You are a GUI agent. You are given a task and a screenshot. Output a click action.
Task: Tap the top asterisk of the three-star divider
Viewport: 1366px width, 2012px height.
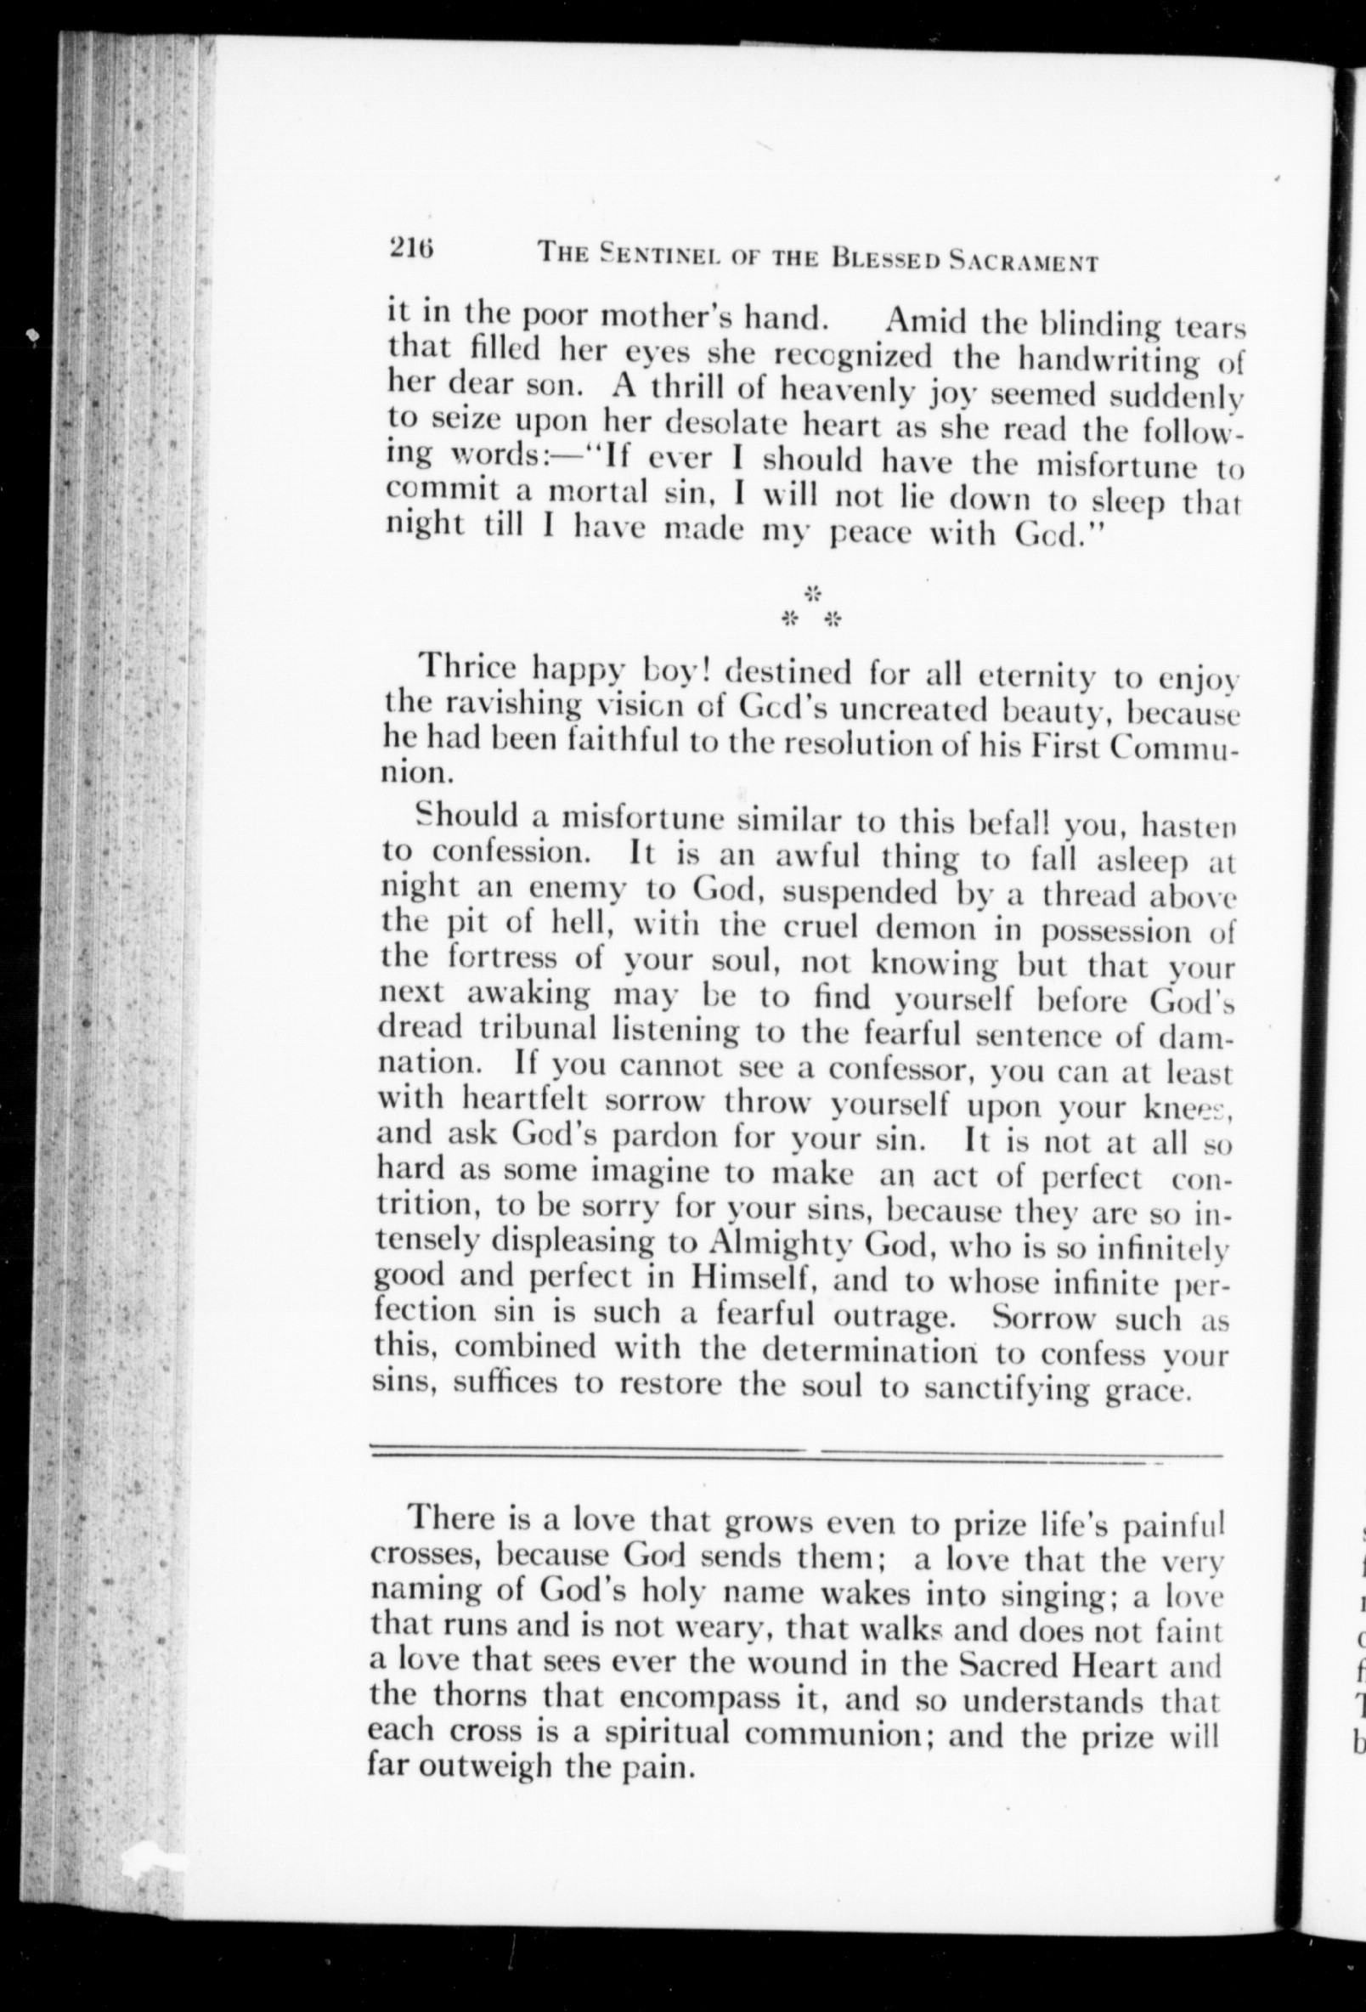pos(812,595)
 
